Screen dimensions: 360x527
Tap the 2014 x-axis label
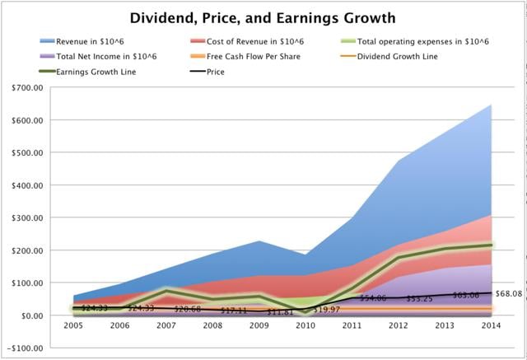tap(491, 325)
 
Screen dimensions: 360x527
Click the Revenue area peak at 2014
tap(491, 105)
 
